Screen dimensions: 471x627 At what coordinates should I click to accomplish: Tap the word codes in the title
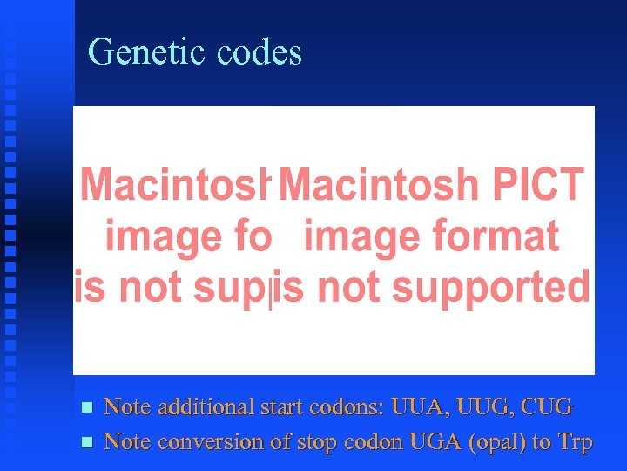coord(259,52)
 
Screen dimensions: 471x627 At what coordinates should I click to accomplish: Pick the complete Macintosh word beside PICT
coord(378,185)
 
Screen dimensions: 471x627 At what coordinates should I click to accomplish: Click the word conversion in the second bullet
coord(208,442)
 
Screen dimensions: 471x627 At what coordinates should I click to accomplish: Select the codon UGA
coord(433,442)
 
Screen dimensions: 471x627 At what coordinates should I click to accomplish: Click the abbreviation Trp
coord(574,442)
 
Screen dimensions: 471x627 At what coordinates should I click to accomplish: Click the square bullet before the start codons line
coord(84,407)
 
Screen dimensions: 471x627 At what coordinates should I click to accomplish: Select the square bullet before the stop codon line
coord(84,443)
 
